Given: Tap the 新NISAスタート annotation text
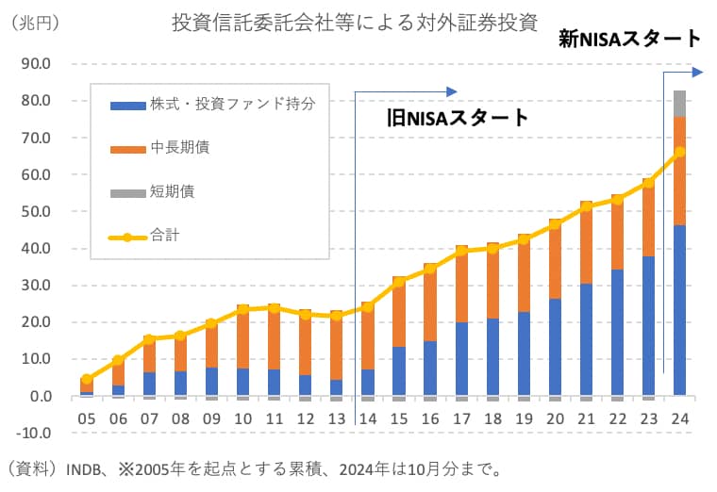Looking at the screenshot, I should click(629, 39).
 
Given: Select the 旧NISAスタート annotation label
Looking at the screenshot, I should click(459, 119).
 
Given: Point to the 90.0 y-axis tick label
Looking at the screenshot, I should click(34, 64).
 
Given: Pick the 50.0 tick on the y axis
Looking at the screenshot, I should click(34, 212).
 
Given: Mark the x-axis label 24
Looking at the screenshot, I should click(679, 418).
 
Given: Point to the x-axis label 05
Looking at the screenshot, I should click(87, 418).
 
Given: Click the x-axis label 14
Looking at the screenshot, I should click(368, 418).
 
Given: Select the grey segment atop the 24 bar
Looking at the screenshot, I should click(679, 103).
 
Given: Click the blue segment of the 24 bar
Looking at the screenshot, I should click(679, 311).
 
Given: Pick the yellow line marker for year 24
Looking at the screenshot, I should click(679, 152).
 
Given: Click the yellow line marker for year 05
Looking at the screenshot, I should click(87, 379).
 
